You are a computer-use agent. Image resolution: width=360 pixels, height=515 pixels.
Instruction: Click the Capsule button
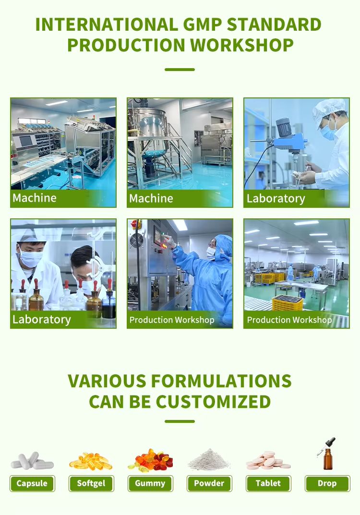[32, 483]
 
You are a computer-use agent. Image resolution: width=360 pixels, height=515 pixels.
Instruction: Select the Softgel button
[91, 483]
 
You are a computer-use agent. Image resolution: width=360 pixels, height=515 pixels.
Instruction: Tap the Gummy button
[150, 483]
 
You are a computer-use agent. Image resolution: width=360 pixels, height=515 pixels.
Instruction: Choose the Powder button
[209, 483]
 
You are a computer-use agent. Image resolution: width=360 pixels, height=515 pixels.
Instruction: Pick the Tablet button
[268, 483]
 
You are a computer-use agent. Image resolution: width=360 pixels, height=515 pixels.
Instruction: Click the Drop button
[327, 483]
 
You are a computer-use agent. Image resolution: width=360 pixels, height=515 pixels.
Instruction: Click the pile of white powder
[209, 459]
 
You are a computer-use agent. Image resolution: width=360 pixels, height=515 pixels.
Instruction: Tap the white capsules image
[32, 460]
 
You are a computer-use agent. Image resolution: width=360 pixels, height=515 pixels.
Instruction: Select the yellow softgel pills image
[91, 460]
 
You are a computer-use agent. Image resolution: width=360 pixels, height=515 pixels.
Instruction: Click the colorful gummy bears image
[150, 459]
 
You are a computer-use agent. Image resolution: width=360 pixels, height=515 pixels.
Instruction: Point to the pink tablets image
[268, 460]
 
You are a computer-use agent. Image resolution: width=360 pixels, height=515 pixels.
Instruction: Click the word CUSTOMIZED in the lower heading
[213, 402]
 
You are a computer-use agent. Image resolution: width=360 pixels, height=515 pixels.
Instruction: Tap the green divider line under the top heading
[180, 70]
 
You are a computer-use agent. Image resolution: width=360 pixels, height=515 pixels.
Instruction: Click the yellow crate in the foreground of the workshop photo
[288, 302]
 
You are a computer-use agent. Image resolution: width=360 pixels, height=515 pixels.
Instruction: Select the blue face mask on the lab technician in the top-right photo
[328, 132]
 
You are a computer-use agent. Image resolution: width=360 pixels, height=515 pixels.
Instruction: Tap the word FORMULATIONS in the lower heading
[221, 381]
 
